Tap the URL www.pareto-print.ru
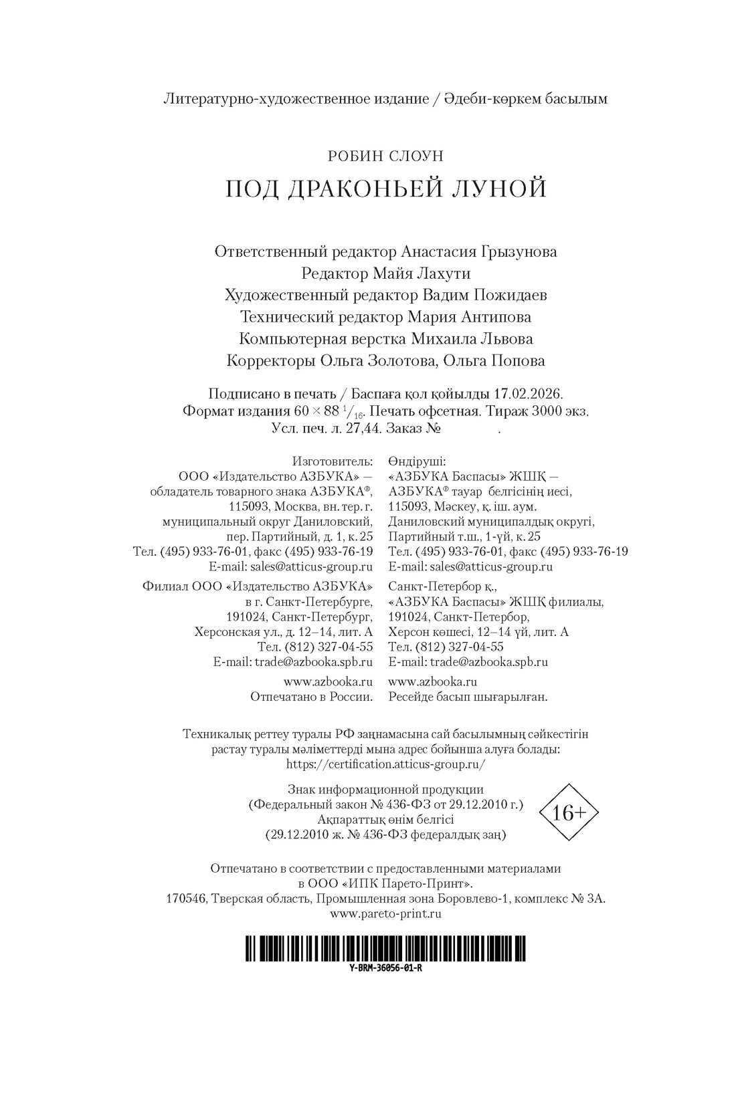(385, 913)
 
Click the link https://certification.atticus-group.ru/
(385, 764)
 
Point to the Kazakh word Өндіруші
(416, 461)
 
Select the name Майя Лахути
(432, 273)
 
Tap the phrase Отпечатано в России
(311, 697)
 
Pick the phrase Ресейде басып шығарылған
(468, 697)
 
